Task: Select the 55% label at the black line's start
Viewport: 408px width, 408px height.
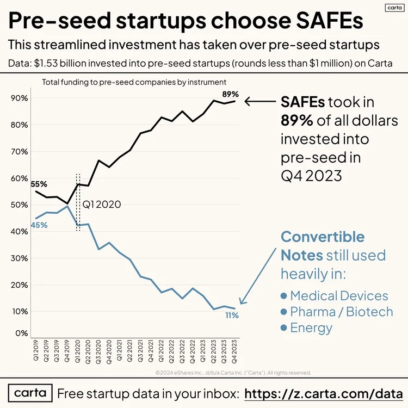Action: point(39,184)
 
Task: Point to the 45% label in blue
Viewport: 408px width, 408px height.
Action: point(39,225)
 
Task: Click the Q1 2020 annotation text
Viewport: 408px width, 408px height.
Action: point(101,205)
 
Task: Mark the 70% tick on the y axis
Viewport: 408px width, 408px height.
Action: point(21,152)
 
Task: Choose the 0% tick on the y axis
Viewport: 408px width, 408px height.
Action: point(22,333)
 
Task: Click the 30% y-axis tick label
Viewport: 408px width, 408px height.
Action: point(21,258)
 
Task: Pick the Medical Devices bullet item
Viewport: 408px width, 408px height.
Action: point(339,296)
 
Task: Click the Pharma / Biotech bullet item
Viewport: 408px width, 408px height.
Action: point(341,312)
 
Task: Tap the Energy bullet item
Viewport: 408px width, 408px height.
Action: point(311,328)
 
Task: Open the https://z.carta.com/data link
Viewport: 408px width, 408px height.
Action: point(324,393)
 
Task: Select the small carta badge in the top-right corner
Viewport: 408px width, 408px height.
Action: point(393,8)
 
